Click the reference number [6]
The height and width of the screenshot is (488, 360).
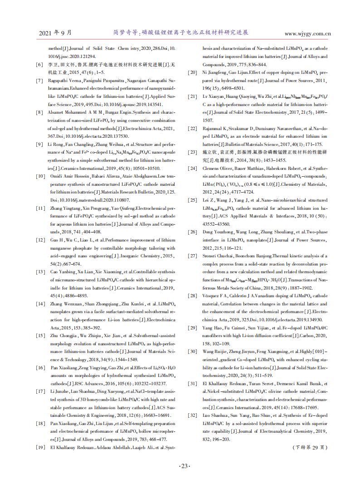39,65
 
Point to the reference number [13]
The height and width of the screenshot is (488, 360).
39,272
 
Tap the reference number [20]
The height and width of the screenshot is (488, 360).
193,72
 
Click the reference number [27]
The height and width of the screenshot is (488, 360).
193,256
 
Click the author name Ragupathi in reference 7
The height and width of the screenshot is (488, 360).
59,81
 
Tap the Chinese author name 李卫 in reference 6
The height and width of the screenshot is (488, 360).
53,65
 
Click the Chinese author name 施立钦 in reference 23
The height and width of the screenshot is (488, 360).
209,152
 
